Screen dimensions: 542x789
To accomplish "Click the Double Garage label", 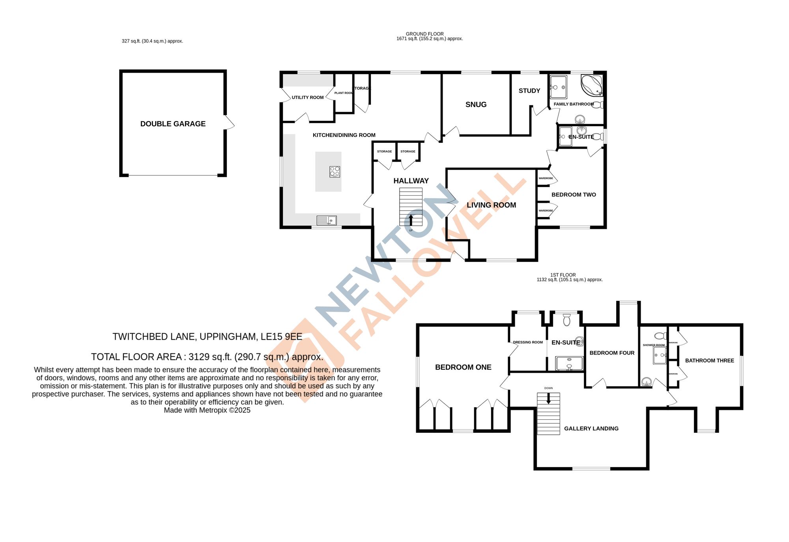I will click(x=173, y=124).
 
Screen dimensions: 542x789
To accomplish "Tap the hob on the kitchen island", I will click(x=335, y=172).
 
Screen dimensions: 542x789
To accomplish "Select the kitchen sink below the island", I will click(x=327, y=220).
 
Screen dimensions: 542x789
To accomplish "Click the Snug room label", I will click(x=476, y=105).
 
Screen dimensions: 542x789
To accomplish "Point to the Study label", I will click(x=529, y=91).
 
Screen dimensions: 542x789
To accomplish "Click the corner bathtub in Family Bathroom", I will click(x=592, y=85).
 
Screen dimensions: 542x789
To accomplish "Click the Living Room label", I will click(x=491, y=205).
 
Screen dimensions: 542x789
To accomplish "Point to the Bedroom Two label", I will click(x=573, y=195).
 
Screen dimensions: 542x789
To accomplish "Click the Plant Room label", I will click(x=343, y=93).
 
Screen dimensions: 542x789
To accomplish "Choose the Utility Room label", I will click(x=307, y=97).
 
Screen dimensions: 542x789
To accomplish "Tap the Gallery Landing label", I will click(x=591, y=428).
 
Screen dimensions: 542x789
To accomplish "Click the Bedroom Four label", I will click(x=611, y=353).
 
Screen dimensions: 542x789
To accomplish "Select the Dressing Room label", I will click(x=527, y=342).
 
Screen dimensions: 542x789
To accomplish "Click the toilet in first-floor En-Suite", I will click(x=567, y=320).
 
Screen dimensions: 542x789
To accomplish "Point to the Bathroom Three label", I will click(x=709, y=361).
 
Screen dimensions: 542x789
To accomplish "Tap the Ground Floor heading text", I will click(x=424, y=34).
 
